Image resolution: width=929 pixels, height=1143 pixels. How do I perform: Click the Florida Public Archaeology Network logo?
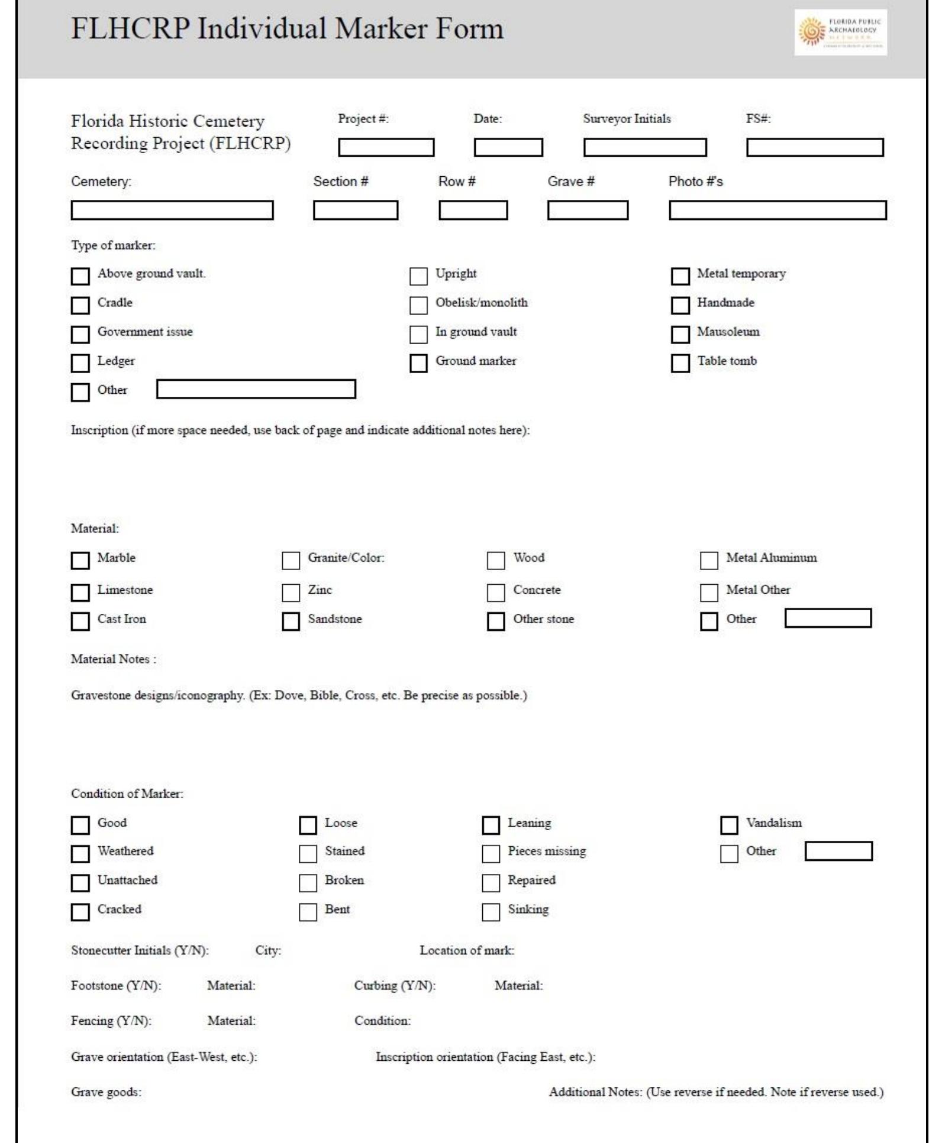[x=840, y=33]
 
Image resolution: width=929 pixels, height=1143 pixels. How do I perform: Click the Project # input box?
[x=386, y=147]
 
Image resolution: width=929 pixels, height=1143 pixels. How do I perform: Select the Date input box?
[x=508, y=147]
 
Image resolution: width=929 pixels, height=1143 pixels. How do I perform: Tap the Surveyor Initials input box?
[x=645, y=147]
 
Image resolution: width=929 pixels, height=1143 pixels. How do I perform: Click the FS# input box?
[x=815, y=147]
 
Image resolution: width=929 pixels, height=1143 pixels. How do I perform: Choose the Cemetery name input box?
[x=172, y=211]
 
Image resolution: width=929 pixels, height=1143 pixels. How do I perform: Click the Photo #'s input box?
[x=778, y=211]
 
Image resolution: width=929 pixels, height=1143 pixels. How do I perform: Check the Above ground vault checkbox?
[x=80, y=276]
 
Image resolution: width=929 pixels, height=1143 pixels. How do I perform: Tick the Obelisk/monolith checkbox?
[x=418, y=305]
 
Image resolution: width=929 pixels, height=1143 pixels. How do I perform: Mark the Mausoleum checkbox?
[x=680, y=334]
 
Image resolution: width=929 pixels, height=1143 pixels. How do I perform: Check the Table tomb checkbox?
[x=680, y=363]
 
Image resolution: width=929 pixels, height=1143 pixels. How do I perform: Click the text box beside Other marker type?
[x=256, y=389]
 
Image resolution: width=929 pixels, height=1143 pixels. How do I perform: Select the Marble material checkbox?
[x=80, y=561]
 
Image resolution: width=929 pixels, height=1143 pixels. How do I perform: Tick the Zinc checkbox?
[x=291, y=592]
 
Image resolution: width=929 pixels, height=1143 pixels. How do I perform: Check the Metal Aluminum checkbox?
[x=709, y=561]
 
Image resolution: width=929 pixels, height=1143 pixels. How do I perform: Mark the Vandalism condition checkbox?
[x=729, y=825]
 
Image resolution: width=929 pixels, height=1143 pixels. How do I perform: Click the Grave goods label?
[x=107, y=1092]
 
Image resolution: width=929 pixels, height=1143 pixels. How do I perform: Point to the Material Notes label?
[x=113, y=659]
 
